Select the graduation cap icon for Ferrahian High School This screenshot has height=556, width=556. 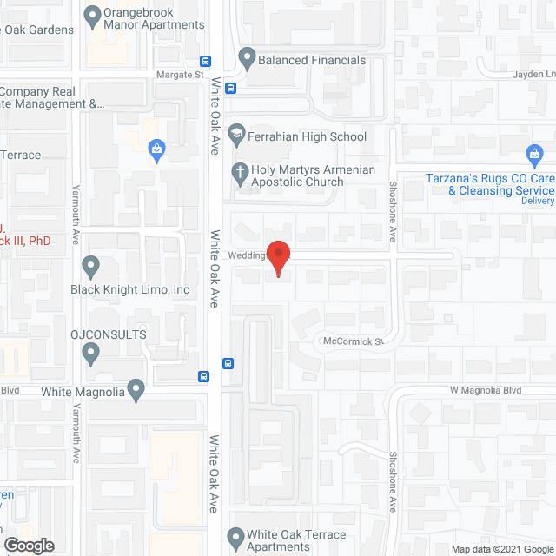(235, 135)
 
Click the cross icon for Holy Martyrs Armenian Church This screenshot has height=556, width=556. (238, 171)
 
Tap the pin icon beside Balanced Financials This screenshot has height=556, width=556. (247, 60)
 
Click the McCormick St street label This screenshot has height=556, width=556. (353, 341)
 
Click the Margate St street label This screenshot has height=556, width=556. (173, 76)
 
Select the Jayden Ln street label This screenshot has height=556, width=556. (531, 75)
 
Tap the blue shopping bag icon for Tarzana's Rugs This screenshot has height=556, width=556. (535, 157)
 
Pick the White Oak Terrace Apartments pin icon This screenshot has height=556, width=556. (235, 535)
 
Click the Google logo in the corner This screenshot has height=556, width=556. (28, 545)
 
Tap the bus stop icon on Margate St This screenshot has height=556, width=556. (206, 61)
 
